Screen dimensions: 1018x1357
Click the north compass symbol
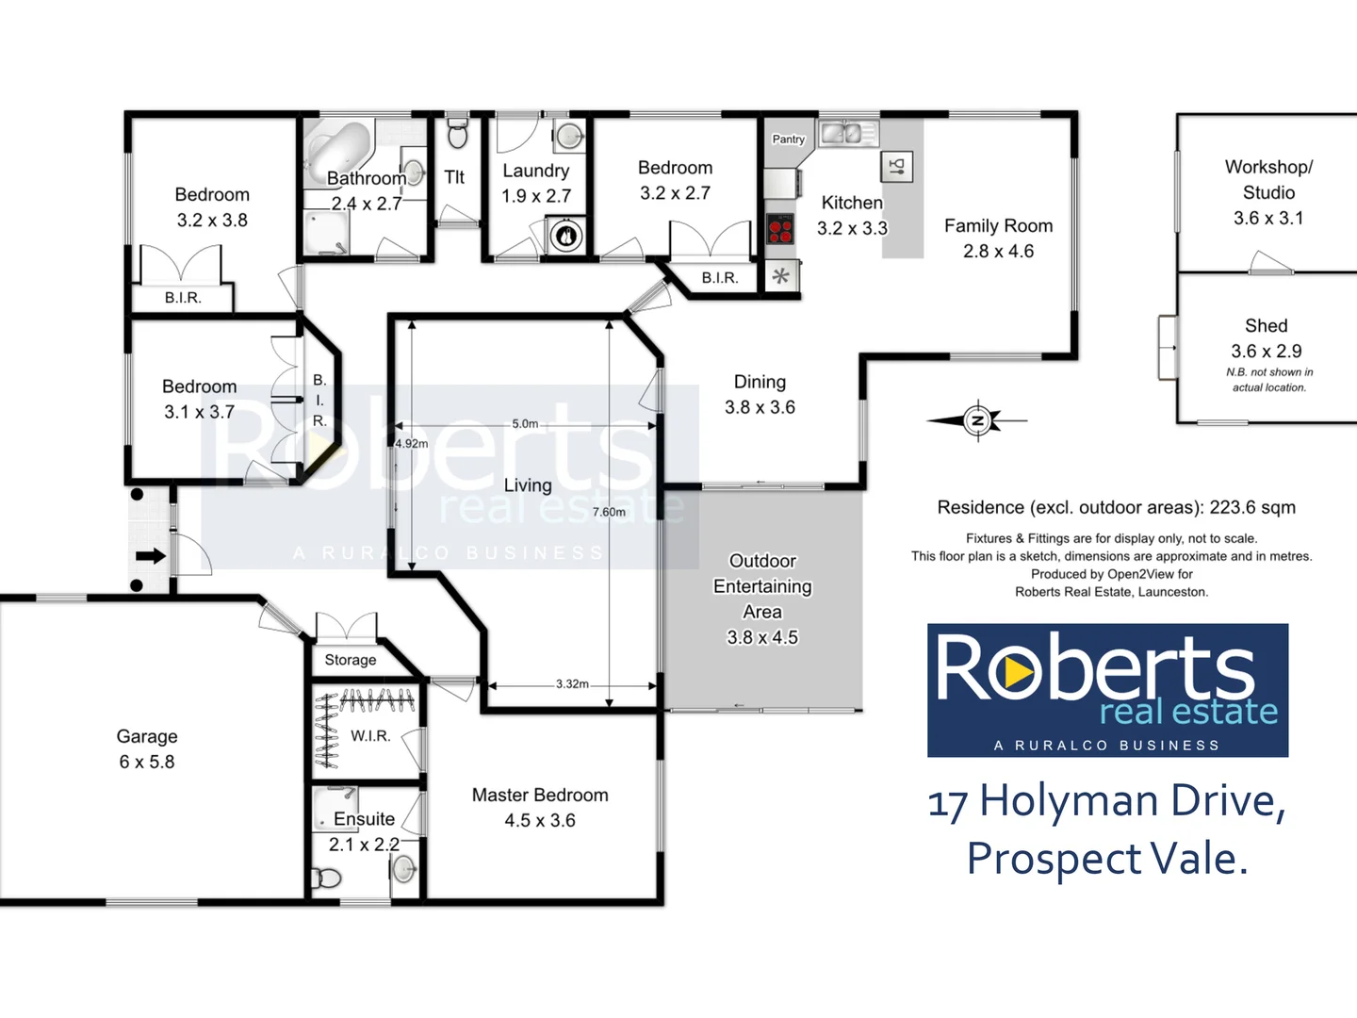click(x=978, y=420)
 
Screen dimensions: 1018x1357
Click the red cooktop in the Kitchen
click(x=780, y=229)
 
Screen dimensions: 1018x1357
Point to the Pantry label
click(x=789, y=140)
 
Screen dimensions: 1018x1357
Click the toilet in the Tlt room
click(x=457, y=134)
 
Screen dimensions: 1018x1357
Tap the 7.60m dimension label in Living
click(x=609, y=512)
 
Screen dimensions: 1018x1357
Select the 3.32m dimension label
click(x=572, y=683)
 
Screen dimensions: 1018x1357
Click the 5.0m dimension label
click(x=525, y=424)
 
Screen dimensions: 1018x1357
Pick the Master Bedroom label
click(x=540, y=807)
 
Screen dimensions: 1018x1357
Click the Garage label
click(x=147, y=748)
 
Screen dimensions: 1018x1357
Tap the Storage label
click(x=351, y=660)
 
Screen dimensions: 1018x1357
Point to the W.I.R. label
click(x=370, y=735)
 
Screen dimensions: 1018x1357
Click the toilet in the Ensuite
click(x=326, y=878)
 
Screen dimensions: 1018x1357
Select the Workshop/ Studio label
click(x=1268, y=179)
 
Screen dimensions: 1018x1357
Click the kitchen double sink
click(x=847, y=134)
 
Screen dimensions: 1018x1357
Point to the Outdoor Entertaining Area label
click(x=762, y=599)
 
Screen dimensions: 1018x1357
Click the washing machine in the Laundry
click(x=566, y=236)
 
